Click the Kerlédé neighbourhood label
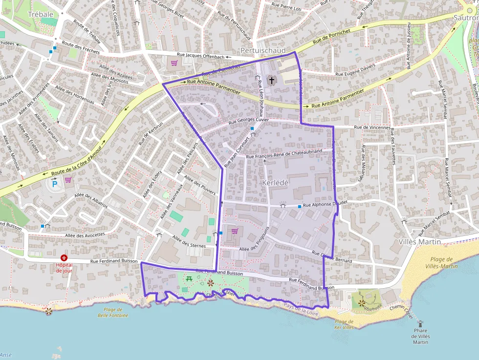point(276,182)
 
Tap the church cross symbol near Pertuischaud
point(272,79)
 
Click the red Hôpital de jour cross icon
point(64,257)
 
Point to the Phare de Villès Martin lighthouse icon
point(419,323)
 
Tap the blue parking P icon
point(55,183)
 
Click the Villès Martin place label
point(420,242)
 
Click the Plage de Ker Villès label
point(344,324)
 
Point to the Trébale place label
point(41,14)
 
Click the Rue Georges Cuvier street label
point(249,120)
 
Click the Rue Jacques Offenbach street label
point(207,55)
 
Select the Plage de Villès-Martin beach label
point(444,263)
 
